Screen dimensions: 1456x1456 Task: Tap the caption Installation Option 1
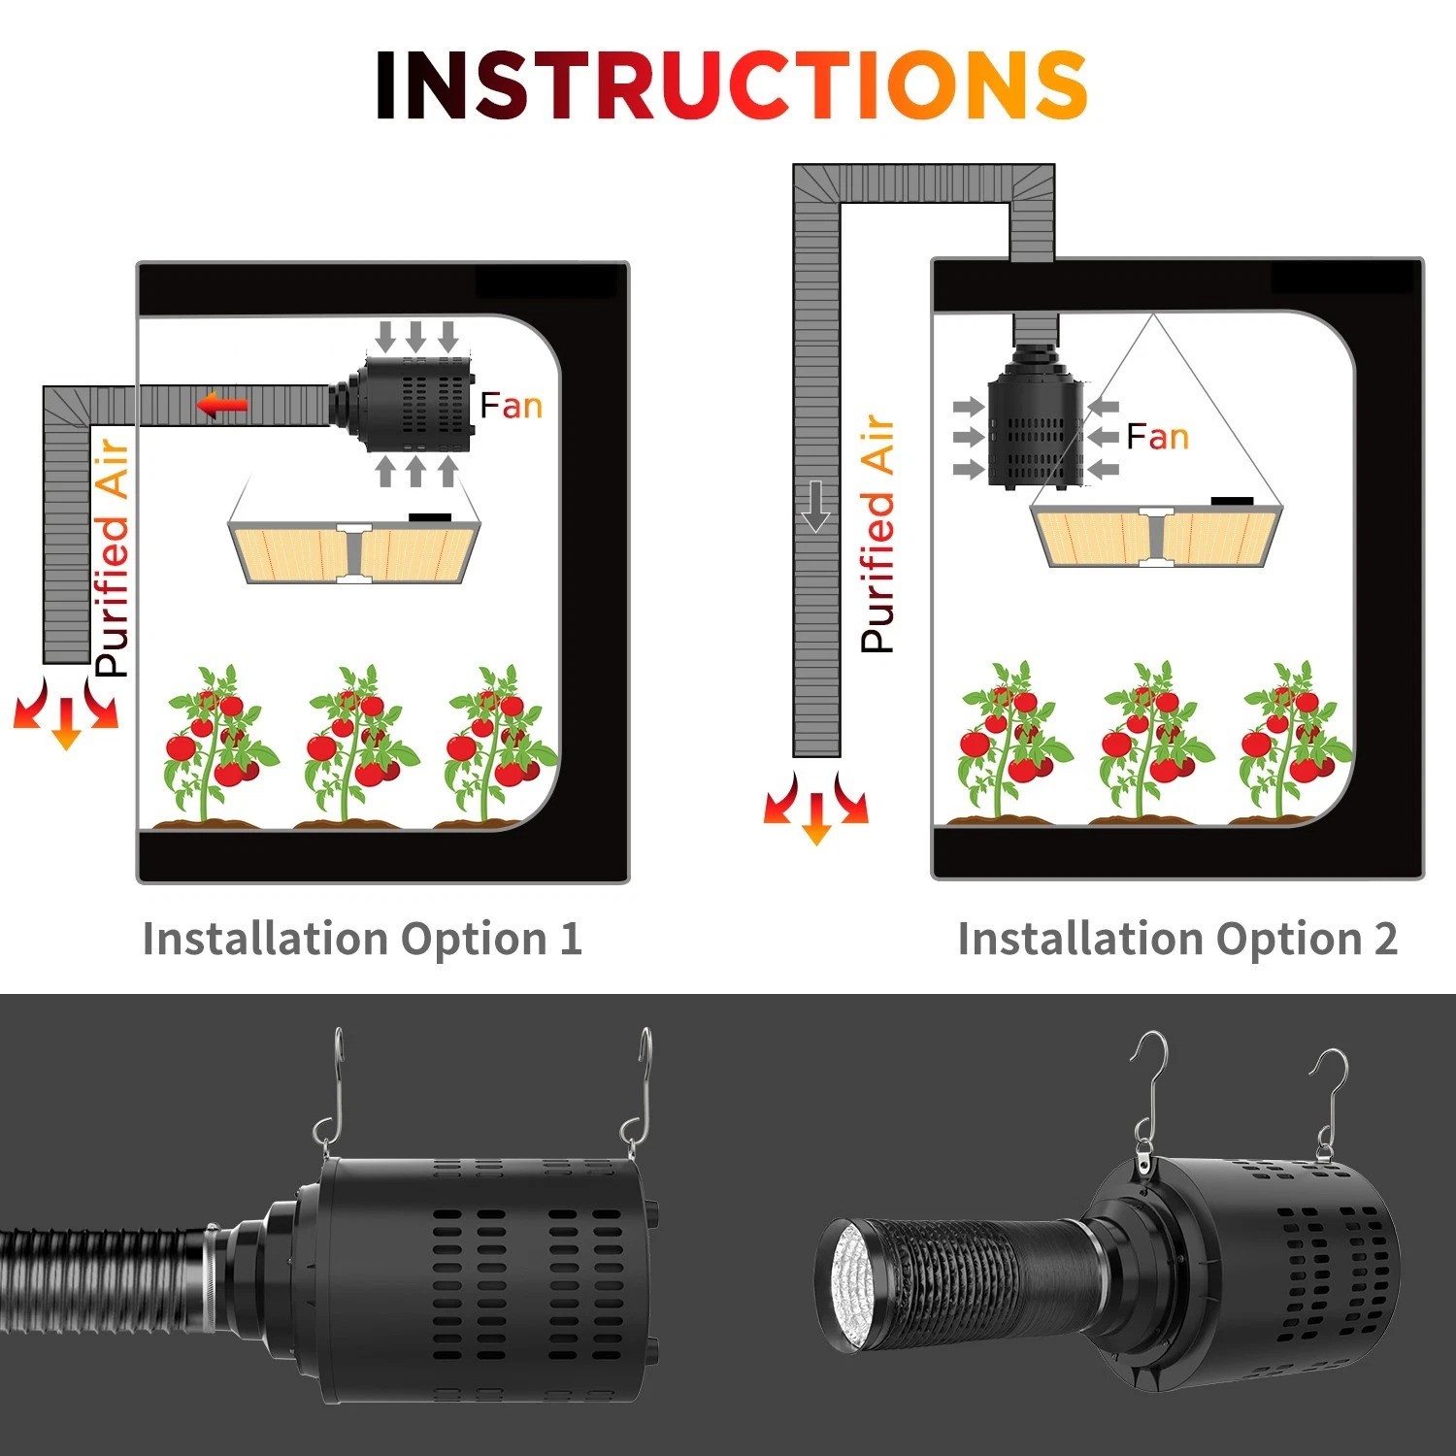point(362,939)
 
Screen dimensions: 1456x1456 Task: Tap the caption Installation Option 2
point(1177,939)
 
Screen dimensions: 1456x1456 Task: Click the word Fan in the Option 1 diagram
point(512,405)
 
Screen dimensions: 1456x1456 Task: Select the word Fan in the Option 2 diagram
point(1158,437)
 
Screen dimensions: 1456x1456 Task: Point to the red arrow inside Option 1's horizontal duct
point(223,405)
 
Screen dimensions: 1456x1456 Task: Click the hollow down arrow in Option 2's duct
point(816,505)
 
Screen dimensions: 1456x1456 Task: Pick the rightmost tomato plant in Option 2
point(1296,740)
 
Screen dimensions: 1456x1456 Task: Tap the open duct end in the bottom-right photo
point(844,1286)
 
